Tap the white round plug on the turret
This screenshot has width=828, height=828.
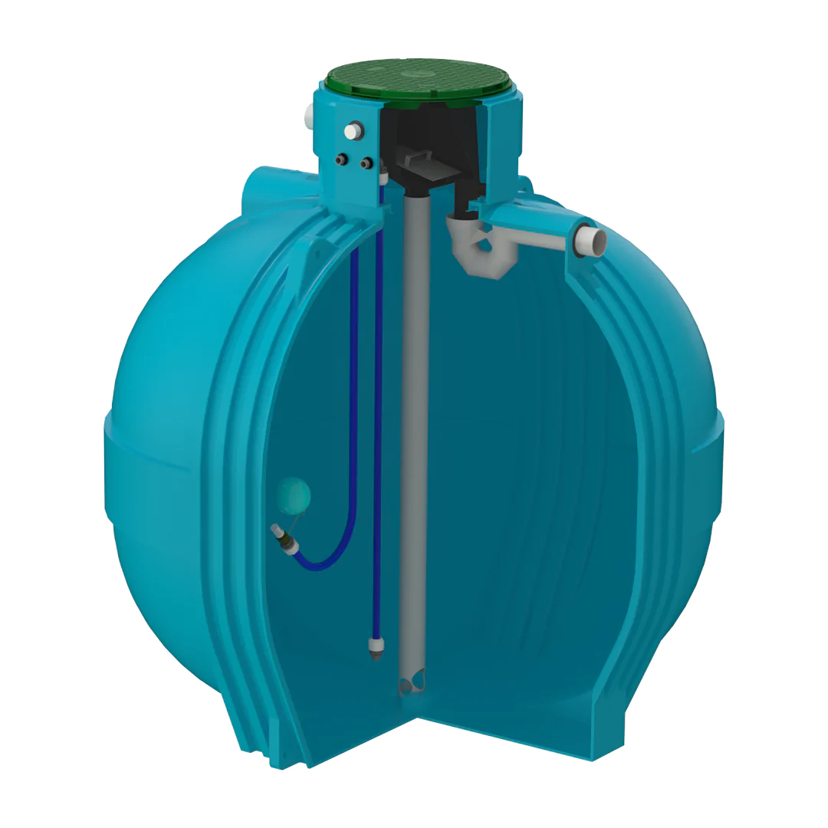[x=352, y=132]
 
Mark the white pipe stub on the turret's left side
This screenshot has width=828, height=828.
[x=309, y=119]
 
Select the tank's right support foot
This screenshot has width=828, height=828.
[x=613, y=736]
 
